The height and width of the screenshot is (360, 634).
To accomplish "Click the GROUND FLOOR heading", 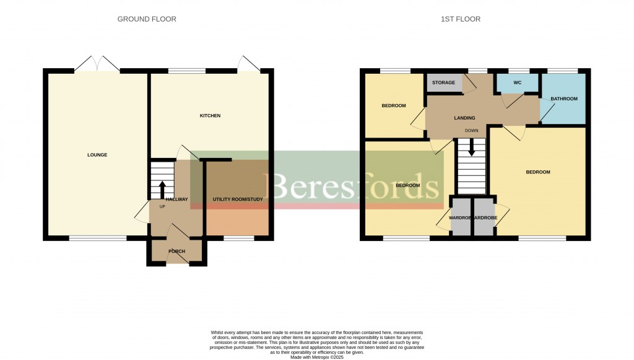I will (x=147, y=19).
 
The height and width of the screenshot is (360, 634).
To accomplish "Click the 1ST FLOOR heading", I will (x=460, y=19).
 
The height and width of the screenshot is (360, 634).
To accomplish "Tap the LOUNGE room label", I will (x=97, y=155).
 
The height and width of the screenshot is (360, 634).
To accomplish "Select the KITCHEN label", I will (x=210, y=116).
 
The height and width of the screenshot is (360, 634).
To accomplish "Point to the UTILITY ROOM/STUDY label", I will (x=238, y=200).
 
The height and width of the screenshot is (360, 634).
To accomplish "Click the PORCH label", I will (x=177, y=251).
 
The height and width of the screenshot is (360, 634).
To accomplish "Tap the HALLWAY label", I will (x=176, y=200).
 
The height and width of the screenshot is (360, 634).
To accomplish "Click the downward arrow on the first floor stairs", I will (x=472, y=148).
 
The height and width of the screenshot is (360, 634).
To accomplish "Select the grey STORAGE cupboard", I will (x=443, y=83).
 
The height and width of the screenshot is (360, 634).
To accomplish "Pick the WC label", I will (x=517, y=82).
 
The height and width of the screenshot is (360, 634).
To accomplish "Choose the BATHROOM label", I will (x=563, y=99).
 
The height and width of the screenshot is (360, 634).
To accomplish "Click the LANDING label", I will (x=464, y=118).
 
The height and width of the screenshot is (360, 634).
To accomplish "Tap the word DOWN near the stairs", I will (x=472, y=131).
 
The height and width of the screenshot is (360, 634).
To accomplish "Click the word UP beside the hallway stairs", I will (x=162, y=206).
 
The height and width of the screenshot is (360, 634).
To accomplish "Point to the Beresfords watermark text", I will (x=352, y=185).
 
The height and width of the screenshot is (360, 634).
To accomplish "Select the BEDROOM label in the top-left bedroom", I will (x=393, y=106).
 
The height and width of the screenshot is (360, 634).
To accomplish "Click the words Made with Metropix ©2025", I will (x=316, y=357).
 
